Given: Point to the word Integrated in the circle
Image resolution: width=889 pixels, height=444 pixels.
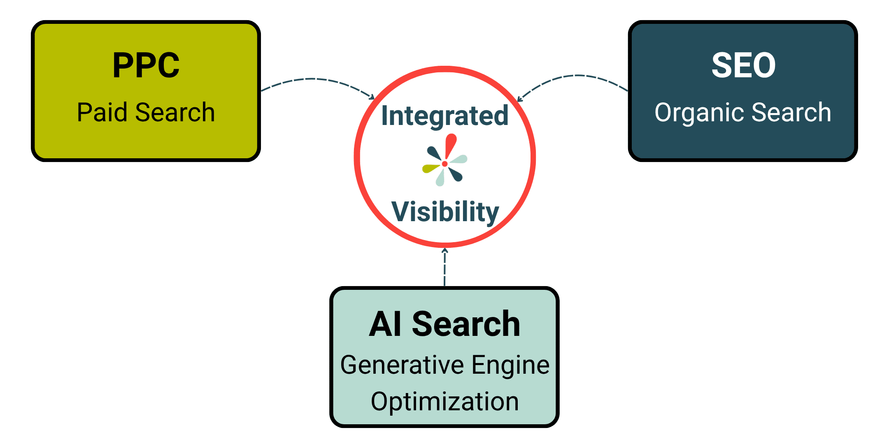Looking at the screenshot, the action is pyautogui.click(x=445, y=116).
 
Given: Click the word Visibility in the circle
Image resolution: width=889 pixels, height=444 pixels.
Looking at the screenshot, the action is pyautogui.click(x=445, y=213).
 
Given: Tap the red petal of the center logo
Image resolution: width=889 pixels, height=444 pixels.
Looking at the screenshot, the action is pyautogui.click(x=451, y=146).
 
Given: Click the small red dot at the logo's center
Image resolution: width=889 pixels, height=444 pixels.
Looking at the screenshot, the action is pyautogui.click(x=444, y=164).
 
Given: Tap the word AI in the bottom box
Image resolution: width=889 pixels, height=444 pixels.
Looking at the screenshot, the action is pyautogui.click(x=385, y=324).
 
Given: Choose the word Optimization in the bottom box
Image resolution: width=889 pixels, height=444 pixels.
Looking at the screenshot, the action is pyautogui.click(x=445, y=402).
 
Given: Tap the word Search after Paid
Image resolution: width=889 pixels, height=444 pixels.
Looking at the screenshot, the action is pyautogui.click(x=175, y=112).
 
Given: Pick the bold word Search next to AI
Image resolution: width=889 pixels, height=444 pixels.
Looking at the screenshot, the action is pyautogui.click(x=466, y=324).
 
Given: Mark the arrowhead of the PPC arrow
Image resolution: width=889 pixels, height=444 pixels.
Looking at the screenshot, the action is pyautogui.click(x=372, y=97).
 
